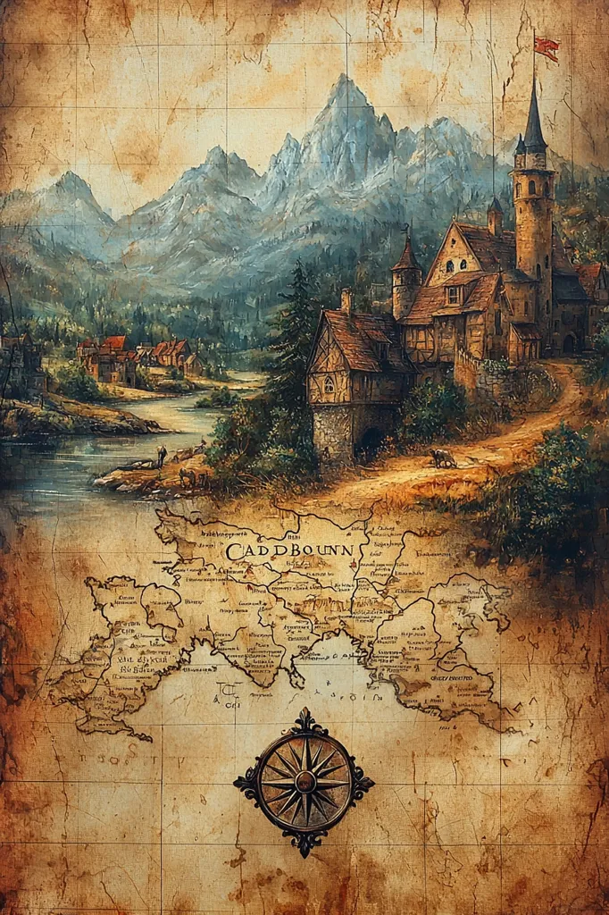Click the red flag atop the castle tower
coord(546,47)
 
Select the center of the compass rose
coord(304,779)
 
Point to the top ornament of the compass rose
coord(305,718)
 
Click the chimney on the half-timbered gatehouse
coord(346,298)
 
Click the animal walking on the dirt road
coord(442,458)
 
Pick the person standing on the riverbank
coord(162,455)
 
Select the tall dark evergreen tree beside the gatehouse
coord(291,340)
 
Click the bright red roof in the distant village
coord(114,342)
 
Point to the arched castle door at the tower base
coord(569,343)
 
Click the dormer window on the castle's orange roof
coord(454,294)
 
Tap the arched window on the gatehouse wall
coord(330,383)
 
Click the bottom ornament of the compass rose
coord(305,844)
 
